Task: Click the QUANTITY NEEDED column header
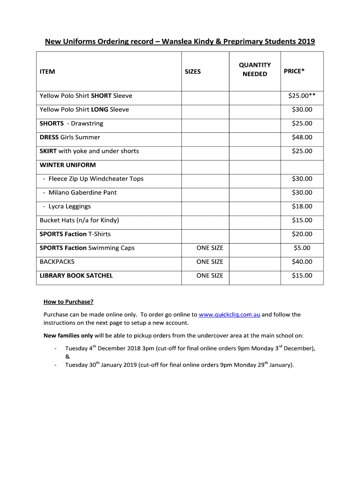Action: coord(254,69)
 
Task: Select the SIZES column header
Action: coord(193,72)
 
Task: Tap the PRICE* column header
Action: coord(294,71)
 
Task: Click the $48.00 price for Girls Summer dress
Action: coord(302,138)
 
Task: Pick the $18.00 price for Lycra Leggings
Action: coord(302,207)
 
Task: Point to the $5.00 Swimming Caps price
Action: coord(302,248)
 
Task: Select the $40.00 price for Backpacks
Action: coord(302,262)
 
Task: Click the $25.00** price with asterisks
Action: coord(302,96)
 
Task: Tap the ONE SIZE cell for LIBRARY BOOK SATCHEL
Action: coord(209,276)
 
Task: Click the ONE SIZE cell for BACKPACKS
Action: coord(209,262)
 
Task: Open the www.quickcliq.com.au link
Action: coord(229,315)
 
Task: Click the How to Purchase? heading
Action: coord(68,302)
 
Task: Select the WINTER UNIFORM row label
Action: coord(68,165)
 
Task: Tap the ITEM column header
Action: coord(47,72)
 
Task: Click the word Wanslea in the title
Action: coord(179,42)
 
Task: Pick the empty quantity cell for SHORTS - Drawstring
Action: coord(254,123)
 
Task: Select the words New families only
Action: coord(68,336)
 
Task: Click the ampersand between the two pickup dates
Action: coord(67,356)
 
